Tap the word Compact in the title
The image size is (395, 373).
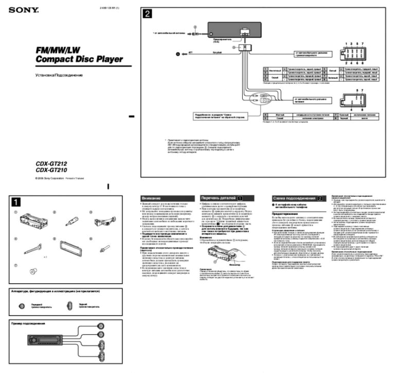55,60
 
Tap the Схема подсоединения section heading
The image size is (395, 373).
294,198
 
